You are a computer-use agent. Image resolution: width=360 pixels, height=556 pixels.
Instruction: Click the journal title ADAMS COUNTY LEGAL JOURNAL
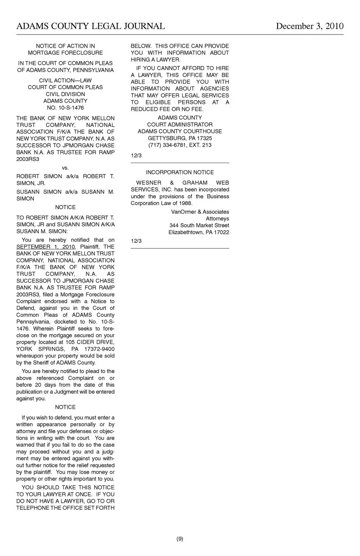click(x=90, y=26)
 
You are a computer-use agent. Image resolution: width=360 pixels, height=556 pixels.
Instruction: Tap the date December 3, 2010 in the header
click(x=309, y=26)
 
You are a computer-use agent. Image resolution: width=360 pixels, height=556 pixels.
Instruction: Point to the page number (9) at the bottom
click(x=180, y=539)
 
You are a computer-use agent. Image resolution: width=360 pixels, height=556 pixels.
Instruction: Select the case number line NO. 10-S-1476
click(x=65, y=108)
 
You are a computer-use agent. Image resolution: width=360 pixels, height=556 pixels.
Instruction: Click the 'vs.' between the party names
click(x=65, y=168)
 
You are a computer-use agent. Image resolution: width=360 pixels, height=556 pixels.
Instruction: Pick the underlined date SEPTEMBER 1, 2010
click(x=45, y=247)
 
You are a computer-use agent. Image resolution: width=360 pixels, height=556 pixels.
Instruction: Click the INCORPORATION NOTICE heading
click(x=180, y=172)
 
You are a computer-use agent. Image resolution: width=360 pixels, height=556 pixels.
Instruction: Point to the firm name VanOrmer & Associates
click(x=200, y=212)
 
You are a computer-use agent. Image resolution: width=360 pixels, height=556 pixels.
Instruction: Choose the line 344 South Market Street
click(x=199, y=225)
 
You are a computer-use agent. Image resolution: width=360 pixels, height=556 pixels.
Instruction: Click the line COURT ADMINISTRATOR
click(x=180, y=124)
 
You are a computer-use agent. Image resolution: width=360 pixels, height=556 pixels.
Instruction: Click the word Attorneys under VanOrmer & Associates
click(x=217, y=219)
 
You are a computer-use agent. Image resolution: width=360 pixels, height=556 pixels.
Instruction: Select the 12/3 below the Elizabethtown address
click(x=136, y=241)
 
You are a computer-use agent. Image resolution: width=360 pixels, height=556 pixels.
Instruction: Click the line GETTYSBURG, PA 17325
click(x=180, y=138)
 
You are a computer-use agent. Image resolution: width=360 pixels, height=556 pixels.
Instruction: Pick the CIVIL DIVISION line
click(x=65, y=94)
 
